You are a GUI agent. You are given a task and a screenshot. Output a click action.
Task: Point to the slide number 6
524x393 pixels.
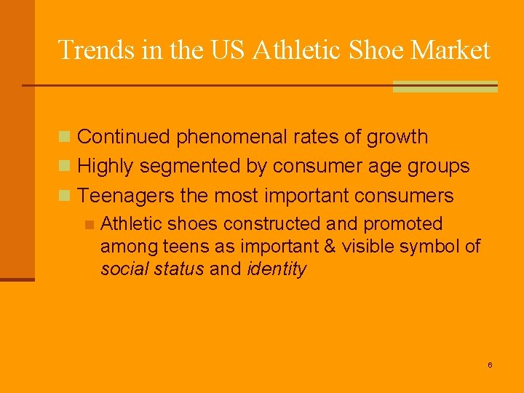[490, 364]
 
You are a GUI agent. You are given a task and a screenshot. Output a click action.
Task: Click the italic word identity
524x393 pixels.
[277, 269]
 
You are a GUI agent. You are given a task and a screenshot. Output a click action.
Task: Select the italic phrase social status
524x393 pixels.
[152, 269]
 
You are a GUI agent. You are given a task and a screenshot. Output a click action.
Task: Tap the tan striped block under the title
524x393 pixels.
[445, 87]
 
